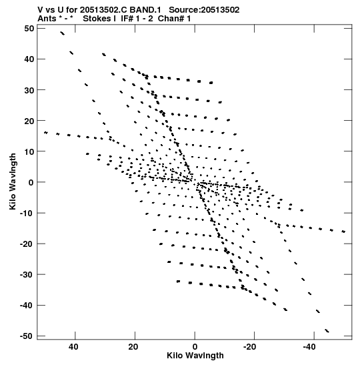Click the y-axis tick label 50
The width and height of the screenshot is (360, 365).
tap(29, 29)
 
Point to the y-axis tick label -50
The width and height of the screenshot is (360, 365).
tap(27, 336)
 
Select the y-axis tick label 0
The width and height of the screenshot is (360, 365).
tap(31, 182)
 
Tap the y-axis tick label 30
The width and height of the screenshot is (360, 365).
tap(29, 90)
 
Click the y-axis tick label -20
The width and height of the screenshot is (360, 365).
tap(27, 244)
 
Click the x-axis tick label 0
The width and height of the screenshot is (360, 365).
tap(195, 347)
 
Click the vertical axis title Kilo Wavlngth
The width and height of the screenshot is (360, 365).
tap(13, 181)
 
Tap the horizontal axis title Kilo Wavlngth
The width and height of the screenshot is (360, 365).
tap(195, 356)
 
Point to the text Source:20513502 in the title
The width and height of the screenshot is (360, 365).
tap(204, 10)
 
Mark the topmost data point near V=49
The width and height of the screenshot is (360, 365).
tap(62, 33)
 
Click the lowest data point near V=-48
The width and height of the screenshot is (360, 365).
tap(327, 331)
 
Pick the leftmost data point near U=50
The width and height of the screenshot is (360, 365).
tap(46, 133)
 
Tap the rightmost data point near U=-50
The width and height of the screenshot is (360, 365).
tap(343, 232)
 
